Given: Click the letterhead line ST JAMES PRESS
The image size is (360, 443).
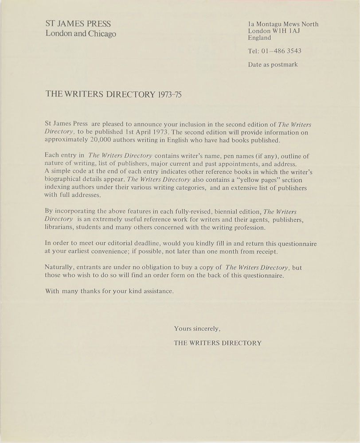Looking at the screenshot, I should (78, 24).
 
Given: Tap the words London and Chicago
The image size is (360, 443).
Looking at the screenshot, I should (81, 35).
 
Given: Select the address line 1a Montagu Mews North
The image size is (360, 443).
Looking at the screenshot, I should (283, 24).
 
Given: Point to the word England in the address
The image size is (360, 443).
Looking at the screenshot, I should (260, 38).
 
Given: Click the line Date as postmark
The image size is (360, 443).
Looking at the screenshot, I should (273, 64).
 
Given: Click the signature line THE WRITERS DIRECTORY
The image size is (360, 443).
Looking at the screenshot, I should (218, 342).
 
